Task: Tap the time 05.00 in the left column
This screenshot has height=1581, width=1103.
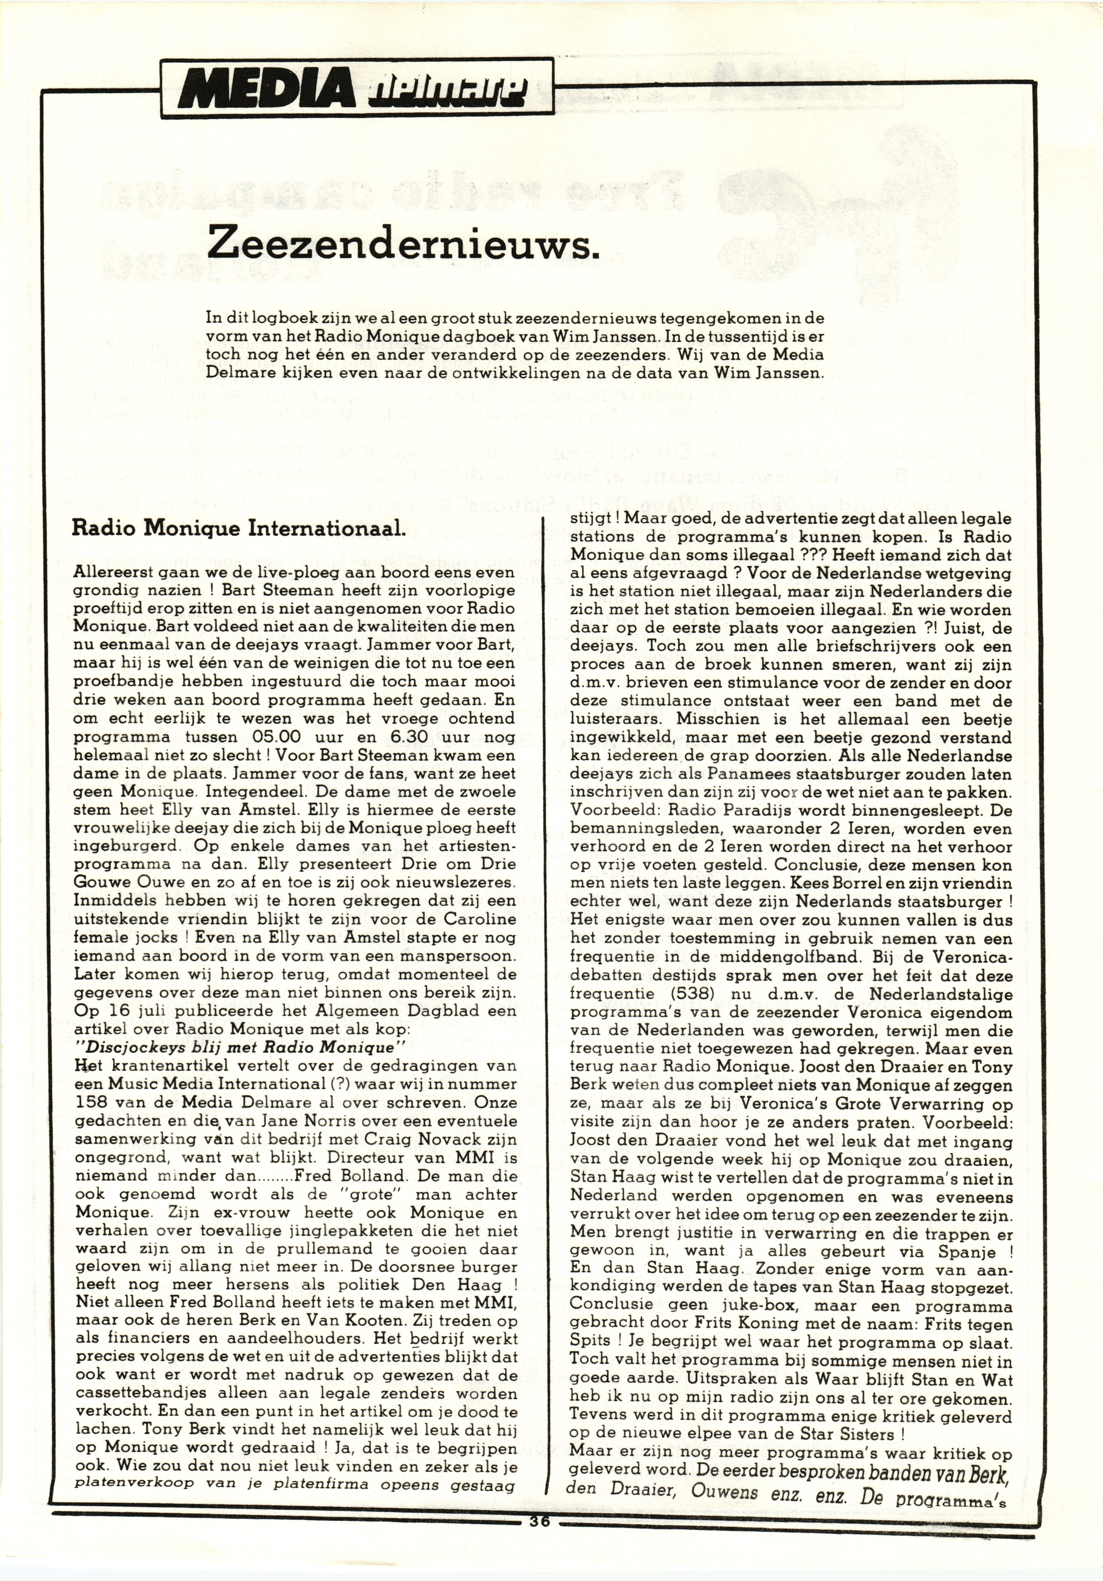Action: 277,736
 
